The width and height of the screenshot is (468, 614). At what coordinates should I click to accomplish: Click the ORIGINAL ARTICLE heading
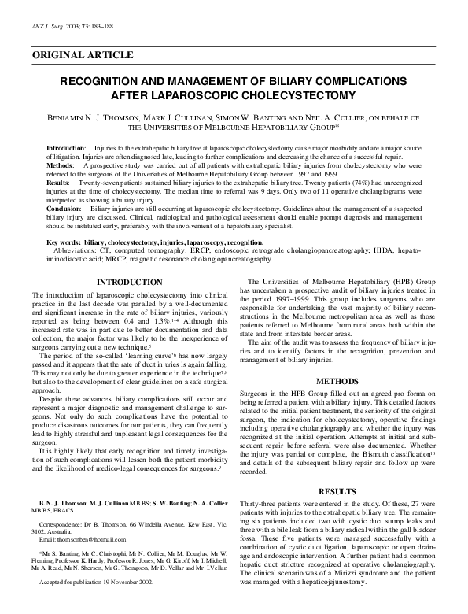tap(83, 55)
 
